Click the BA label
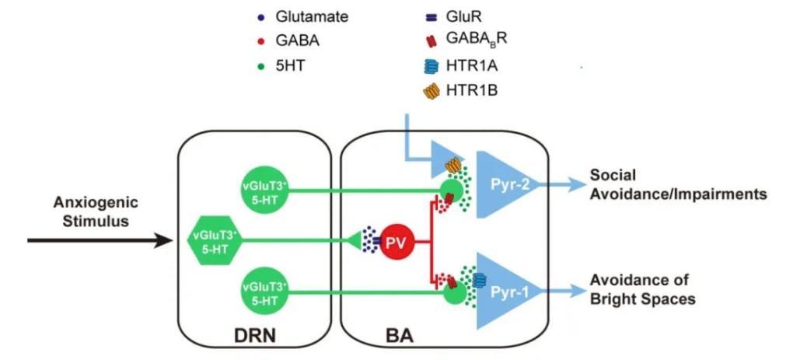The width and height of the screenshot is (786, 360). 399,337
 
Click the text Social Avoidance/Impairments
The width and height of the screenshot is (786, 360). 677,184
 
